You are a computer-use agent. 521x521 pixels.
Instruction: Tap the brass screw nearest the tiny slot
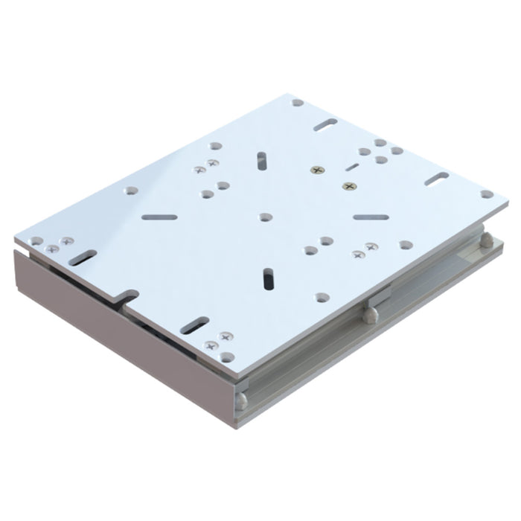click(x=318, y=170)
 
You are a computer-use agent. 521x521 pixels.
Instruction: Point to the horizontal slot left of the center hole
click(x=159, y=217)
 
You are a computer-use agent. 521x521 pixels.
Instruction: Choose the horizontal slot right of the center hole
click(x=371, y=217)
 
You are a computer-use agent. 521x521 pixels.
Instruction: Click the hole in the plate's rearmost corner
click(x=297, y=103)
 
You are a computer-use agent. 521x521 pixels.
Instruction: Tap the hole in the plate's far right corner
click(x=486, y=194)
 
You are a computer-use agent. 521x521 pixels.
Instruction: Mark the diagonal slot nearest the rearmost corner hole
click(x=325, y=125)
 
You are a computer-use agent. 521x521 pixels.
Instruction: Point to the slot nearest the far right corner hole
click(x=436, y=179)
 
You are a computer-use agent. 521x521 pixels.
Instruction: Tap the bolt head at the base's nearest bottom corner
click(x=241, y=401)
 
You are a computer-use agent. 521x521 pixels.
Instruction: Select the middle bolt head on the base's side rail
click(x=371, y=314)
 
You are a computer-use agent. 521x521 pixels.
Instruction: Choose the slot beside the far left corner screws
click(x=83, y=258)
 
